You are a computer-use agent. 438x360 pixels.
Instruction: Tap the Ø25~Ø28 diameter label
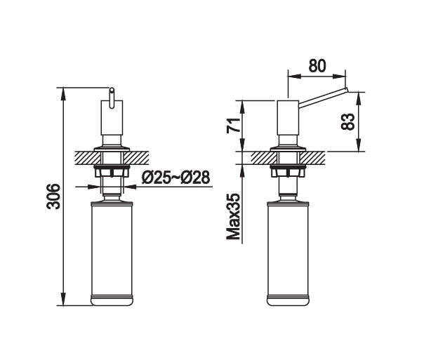[175, 178]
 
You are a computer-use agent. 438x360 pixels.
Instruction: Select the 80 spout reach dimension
[317, 65]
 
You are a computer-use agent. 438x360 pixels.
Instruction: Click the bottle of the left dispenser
[111, 253]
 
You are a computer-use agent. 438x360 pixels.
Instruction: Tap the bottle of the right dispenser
[288, 253]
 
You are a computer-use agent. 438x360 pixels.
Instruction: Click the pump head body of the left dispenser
[111, 123]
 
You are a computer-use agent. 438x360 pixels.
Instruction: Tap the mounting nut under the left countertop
[111, 171]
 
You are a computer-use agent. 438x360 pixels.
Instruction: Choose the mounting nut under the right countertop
[288, 171]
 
